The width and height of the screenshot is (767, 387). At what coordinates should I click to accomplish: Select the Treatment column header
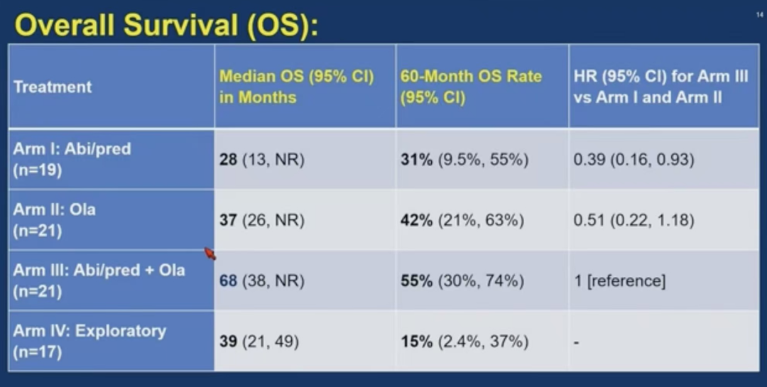point(53,87)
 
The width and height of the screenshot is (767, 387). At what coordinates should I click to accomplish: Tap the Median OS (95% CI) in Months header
point(296,87)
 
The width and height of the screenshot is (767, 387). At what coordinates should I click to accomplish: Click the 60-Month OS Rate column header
point(471,87)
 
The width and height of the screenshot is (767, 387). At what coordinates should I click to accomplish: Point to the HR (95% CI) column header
point(660,87)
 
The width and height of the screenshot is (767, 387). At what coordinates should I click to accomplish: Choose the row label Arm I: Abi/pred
point(72,160)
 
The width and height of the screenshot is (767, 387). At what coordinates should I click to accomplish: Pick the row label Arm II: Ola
point(54,220)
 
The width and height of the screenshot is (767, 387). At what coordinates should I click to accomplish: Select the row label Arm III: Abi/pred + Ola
point(99,280)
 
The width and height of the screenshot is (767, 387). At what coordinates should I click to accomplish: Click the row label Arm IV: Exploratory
point(89,341)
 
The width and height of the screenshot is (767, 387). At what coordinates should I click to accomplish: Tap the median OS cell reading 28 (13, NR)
point(261,160)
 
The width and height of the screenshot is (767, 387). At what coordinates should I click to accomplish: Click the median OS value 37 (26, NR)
point(261,221)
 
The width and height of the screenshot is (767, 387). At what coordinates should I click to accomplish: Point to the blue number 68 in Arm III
point(228,281)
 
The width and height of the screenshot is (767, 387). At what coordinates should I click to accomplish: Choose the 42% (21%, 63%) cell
point(462,221)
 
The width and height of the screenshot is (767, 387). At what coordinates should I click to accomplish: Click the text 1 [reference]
point(619,281)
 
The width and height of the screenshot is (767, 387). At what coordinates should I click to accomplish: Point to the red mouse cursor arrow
point(210,254)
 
